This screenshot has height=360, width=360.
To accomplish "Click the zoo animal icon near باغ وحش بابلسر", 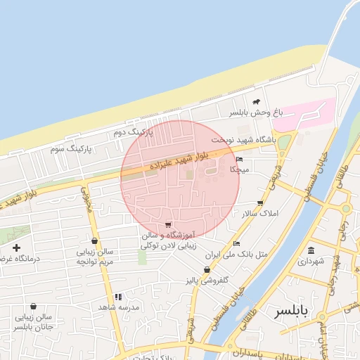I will coord(256,102).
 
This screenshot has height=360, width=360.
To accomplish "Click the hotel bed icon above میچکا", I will coord(239,160).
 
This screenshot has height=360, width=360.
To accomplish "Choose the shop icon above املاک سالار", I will coord(260,202).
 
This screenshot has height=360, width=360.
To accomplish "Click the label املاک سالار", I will coord(260,213).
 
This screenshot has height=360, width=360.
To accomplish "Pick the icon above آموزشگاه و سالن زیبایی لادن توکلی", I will coord(167,225).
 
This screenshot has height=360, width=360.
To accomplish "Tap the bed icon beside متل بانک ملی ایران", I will coord(236,243).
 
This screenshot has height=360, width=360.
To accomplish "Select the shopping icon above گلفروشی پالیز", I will coord(207,270).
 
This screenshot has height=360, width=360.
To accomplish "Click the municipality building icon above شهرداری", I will coord(311,250).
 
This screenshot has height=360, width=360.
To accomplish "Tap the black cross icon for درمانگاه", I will coord(16,247).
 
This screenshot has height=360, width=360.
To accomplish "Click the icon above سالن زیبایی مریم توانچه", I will coord(94,241).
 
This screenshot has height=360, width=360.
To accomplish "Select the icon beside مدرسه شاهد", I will coord(119,297).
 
